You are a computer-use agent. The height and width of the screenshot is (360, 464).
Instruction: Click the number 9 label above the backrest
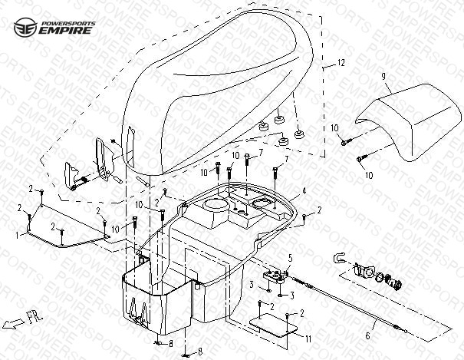(380, 77)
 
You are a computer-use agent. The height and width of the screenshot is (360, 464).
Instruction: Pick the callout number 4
(304, 190)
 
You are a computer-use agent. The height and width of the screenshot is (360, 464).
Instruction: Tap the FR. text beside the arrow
(36, 315)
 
